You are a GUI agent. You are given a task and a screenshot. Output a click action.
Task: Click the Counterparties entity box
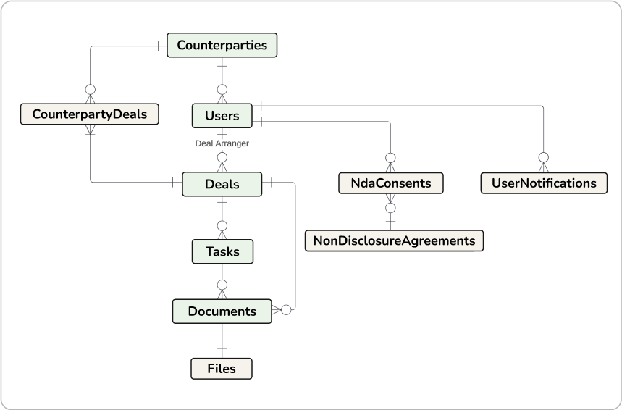222,46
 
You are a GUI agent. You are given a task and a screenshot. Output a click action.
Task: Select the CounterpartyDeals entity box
90,114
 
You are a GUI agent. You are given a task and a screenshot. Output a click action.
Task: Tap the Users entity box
222,116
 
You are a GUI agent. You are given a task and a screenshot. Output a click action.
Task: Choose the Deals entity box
222,184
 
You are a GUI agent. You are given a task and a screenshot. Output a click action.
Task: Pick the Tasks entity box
222,251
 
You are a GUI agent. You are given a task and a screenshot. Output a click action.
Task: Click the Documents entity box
222,311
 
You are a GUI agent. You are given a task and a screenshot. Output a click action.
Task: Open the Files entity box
222,369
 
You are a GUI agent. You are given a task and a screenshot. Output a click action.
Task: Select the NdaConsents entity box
391,183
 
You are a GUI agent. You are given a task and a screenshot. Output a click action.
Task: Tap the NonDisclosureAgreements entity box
394,240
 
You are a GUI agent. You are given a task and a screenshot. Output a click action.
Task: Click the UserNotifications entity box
543,183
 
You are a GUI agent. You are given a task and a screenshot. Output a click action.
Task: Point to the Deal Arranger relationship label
222,143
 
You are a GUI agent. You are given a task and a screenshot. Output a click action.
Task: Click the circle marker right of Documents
285,310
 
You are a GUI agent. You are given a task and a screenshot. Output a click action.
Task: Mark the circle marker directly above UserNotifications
542,157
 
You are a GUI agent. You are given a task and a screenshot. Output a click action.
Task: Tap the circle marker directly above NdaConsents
390,157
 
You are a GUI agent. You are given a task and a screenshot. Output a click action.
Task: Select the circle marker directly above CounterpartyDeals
90,89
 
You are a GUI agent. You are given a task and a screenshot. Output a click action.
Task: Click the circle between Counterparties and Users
222,90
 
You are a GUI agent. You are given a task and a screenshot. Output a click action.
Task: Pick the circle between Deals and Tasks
222,225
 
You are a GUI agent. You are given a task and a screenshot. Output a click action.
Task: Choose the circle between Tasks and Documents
222,285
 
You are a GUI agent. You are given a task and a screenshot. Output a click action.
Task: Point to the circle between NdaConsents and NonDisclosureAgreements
390,209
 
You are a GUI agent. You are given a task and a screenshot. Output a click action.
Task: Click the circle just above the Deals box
222,157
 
